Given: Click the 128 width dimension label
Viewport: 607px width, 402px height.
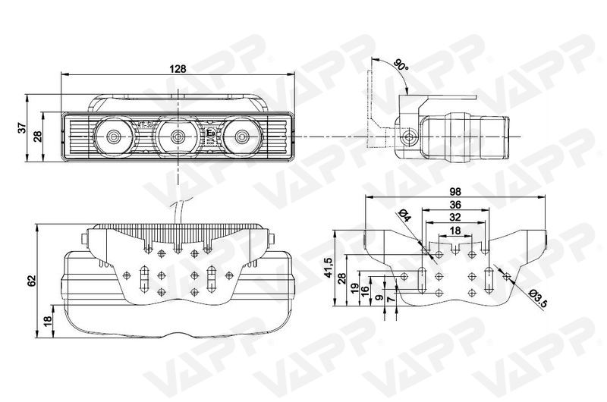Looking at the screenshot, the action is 178,69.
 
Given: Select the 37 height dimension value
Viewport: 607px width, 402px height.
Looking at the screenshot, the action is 23,127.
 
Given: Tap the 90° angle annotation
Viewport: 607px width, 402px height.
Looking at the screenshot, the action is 401,65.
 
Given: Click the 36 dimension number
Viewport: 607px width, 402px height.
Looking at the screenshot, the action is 455,205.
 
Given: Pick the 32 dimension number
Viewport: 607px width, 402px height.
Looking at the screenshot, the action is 455,217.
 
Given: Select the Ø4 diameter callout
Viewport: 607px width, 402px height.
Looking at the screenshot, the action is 404,215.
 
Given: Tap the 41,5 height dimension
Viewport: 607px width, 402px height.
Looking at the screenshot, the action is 329,267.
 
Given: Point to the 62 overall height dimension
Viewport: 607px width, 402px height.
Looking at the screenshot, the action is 31,281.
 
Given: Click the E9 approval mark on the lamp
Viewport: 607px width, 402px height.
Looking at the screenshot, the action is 211,133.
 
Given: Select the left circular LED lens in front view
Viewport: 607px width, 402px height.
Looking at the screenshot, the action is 113,137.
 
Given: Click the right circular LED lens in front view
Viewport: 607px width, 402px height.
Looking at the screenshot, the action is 242,137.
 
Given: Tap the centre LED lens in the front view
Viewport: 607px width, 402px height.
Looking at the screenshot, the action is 178,137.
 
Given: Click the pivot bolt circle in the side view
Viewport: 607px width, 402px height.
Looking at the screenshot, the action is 408,137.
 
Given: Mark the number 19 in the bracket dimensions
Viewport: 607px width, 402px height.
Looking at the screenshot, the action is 354,289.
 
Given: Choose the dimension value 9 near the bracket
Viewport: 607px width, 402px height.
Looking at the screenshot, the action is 379,297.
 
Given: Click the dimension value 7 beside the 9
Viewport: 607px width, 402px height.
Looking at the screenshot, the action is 391,298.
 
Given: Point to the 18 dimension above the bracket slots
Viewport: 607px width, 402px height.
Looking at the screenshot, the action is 456,231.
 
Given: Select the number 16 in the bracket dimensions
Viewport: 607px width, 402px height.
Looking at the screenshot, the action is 364,291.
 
